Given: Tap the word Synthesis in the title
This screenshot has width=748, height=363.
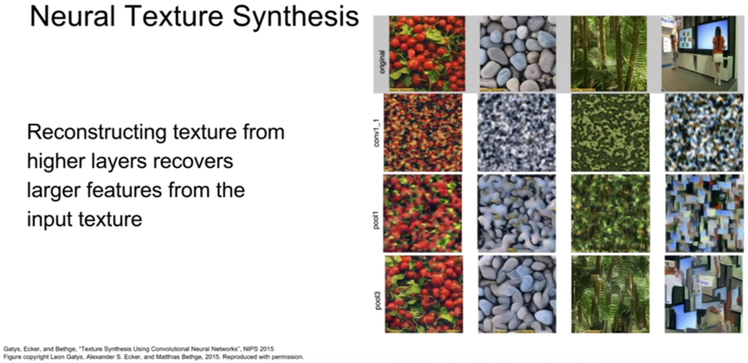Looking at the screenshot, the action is click(x=296, y=17).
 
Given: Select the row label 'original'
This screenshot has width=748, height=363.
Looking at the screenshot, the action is click(x=382, y=61).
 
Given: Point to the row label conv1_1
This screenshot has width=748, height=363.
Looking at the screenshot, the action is click(x=376, y=133).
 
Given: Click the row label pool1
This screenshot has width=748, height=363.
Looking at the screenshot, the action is click(x=376, y=220).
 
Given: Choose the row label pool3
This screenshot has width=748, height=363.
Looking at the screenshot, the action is click(x=378, y=300).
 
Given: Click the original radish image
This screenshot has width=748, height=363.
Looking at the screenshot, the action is click(x=427, y=53).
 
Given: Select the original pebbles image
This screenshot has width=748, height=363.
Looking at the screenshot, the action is click(x=518, y=53).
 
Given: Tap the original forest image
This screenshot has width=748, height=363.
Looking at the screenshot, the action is click(x=609, y=53).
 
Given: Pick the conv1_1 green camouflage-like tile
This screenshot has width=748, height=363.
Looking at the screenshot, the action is click(x=611, y=133).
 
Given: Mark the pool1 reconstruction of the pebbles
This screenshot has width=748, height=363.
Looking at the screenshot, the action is click(x=517, y=213).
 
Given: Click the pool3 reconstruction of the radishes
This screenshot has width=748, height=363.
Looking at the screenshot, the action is click(x=424, y=294).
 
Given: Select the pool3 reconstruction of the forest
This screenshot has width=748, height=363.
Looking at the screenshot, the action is click(x=611, y=294).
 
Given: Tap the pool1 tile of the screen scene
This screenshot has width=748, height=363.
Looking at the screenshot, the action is click(x=704, y=213).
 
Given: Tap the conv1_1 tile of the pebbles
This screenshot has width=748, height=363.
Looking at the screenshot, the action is click(x=517, y=133).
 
